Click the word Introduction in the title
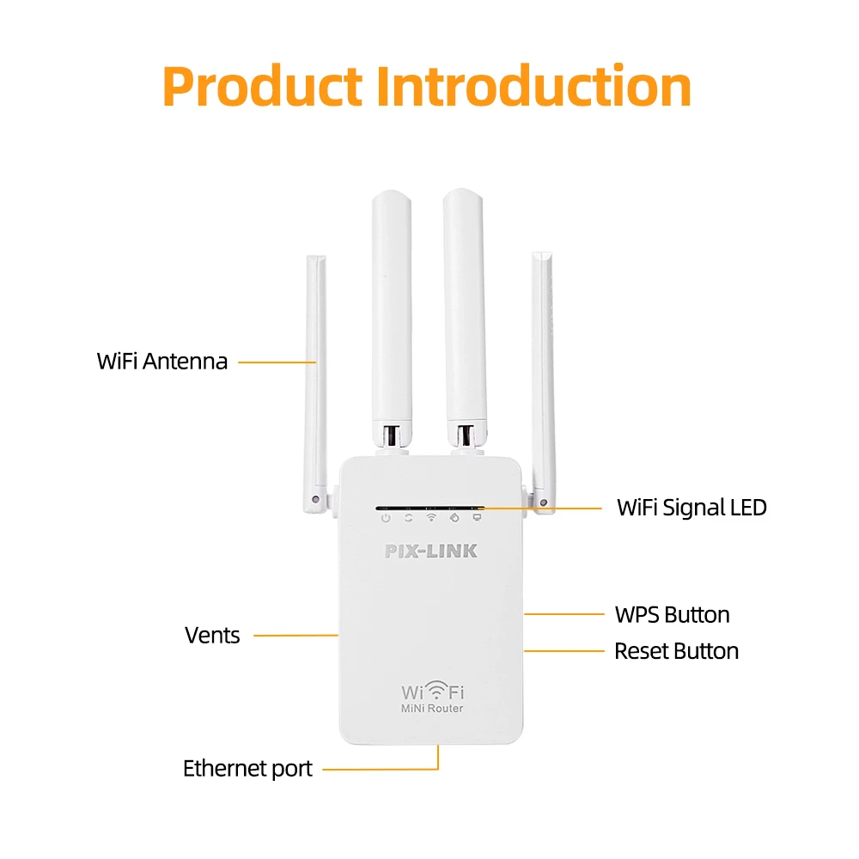(x=534, y=87)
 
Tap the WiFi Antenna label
(x=162, y=361)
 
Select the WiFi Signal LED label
(x=691, y=508)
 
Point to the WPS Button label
(x=672, y=614)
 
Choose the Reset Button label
(x=676, y=651)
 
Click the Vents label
(x=212, y=636)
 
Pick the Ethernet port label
(x=247, y=768)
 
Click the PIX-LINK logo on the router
(x=430, y=551)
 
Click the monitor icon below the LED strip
(x=477, y=518)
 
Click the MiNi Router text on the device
(x=432, y=708)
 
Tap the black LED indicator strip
(x=430, y=507)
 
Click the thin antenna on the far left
(x=316, y=378)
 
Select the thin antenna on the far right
(x=543, y=378)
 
